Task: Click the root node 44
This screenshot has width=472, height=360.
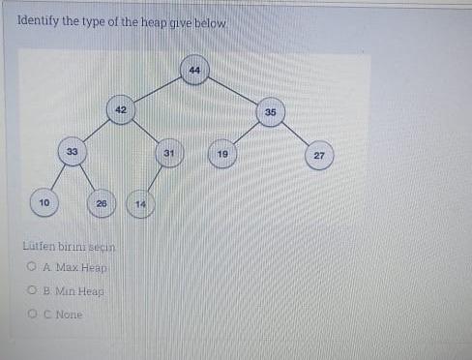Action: pyautogui.click(x=194, y=70)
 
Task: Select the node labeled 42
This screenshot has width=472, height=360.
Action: pyautogui.click(x=120, y=110)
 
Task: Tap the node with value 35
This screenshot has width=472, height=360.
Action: pyautogui.click(x=270, y=112)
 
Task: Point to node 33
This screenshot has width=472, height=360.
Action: pyautogui.click(x=72, y=152)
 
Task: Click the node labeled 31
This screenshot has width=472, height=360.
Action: pyautogui.click(x=169, y=153)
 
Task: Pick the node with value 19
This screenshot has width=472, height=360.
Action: pyautogui.click(x=222, y=154)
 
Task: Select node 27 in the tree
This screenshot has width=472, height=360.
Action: pyautogui.click(x=319, y=155)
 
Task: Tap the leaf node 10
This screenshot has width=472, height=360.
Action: pyautogui.click(x=43, y=202)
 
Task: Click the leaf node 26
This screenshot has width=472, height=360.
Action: pyautogui.click(x=101, y=203)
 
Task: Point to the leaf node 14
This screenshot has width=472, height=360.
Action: pyautogui.click(x=140, y=204)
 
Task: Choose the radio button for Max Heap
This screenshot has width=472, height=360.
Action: pyautogui.click(x=32, y=266)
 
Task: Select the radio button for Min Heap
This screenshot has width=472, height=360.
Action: pyautogui.click(x=32, y=290)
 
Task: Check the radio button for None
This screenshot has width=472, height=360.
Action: pyautogui.click(x=32, y=315)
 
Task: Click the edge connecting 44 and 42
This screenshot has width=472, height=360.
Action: pyautogui.click(x=157, y=90)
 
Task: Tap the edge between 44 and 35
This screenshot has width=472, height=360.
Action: pyautogui.click(x=232, y=91)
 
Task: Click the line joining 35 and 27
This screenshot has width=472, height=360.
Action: pyautogui.click(x=295, y=134)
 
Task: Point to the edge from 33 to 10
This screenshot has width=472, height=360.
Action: pyautogui.click(x=57, y=177)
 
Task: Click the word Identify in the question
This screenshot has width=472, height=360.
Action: pyautogui.click(x=37, y=20)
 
